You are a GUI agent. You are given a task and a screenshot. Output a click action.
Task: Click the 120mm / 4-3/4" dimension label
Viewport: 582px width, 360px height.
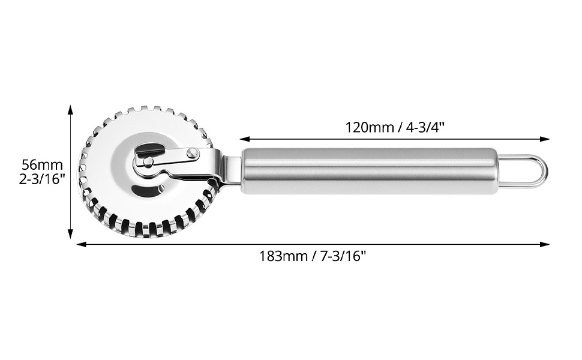click(x=395, y=127)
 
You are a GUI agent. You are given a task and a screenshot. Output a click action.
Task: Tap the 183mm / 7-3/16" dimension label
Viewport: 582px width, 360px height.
click(x=313, y=256)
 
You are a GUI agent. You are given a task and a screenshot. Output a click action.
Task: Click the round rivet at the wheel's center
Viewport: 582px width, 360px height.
click(x=148, y=161)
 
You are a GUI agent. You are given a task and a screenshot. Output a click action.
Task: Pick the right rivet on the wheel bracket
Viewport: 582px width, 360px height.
click(x=192, y=152)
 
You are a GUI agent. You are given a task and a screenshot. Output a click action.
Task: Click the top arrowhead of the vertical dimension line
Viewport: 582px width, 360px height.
click(x=70, y=109)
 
